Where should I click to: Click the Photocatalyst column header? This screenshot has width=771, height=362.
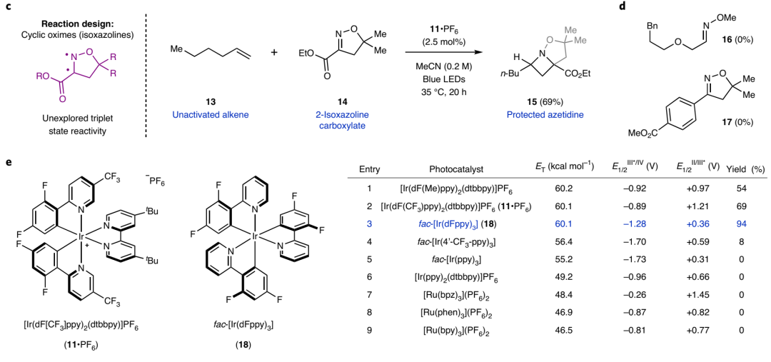tap(456, 169)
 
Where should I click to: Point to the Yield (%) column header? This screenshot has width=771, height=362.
tap(745, 169)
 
